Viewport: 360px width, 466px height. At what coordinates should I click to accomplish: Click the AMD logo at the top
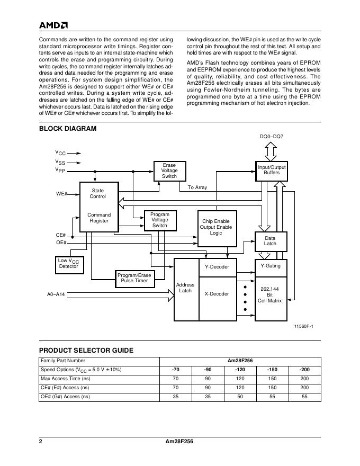click(53, 25)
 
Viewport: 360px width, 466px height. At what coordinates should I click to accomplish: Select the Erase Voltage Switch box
click(169, 171)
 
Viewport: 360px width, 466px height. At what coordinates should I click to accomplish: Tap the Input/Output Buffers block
click(271, 170)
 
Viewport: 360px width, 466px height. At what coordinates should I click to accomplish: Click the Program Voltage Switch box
click(160, 220)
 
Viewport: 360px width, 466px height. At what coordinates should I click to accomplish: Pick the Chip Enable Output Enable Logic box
click(216, 227)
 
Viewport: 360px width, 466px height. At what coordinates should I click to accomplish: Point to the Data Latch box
click(271, 241)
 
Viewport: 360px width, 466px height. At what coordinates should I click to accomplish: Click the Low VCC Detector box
click(68, 264)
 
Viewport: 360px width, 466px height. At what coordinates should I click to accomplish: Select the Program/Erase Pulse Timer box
click(134, 279)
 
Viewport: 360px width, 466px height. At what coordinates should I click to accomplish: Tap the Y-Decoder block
click(217, 267)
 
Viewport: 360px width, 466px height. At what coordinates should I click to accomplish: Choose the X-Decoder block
click(217, 294)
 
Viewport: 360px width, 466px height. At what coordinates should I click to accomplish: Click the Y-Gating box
click(271, 266)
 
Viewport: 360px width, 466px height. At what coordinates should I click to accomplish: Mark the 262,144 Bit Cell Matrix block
click(271, 295)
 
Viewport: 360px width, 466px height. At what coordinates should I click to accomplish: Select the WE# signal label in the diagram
click(61, 194)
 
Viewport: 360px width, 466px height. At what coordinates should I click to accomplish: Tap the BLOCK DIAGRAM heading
click(68, 129)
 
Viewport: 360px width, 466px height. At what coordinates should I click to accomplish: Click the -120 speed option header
click(240, 370)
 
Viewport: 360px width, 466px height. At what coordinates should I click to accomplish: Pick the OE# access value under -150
click(273, 396)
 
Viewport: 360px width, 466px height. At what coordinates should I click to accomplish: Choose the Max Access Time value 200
click(304, 379)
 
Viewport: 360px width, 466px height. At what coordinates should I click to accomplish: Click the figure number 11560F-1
click(304, 326)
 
